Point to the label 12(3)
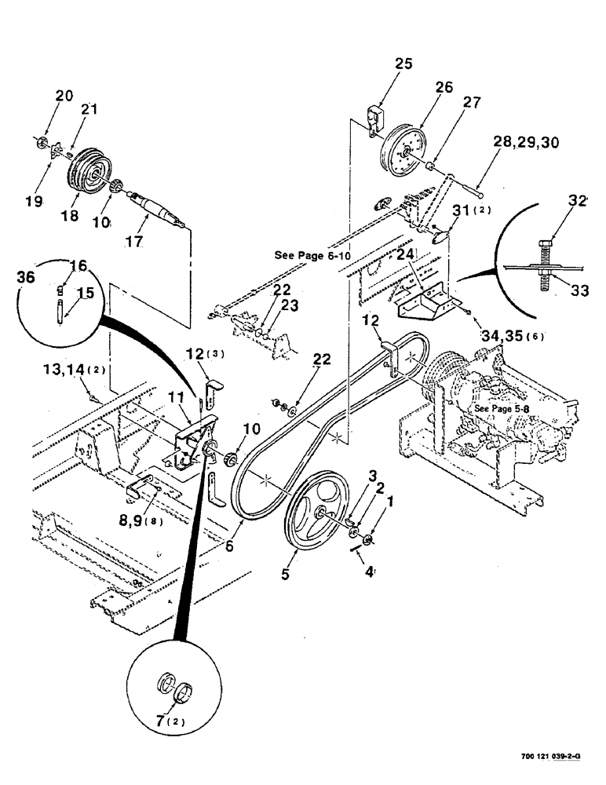pos(205,353)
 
